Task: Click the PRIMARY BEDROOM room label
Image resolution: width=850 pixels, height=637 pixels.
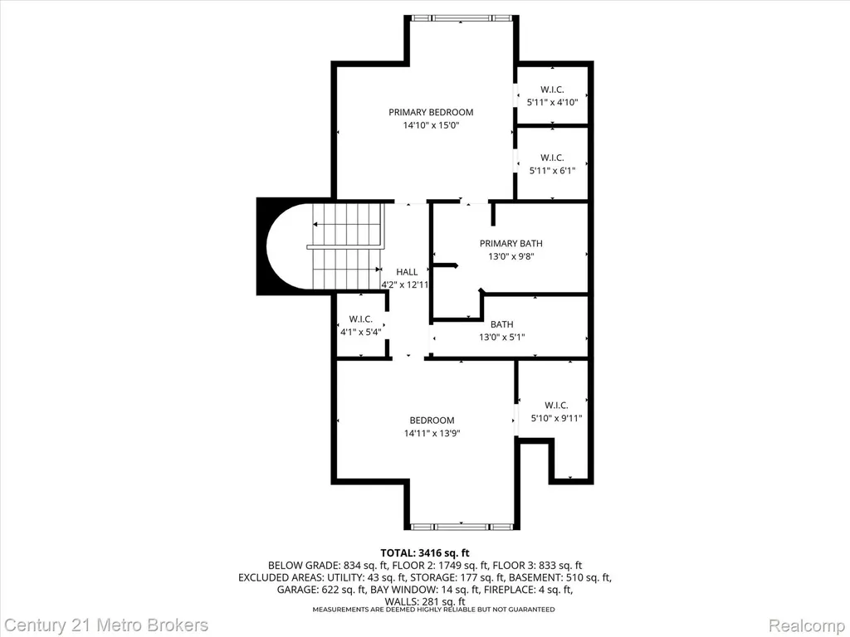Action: coord(431,112)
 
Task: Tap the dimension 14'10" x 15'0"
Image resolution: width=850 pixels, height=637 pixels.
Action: coord(431,125)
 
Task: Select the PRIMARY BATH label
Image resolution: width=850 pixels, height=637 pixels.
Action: coord(510,244)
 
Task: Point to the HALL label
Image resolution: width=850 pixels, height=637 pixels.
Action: coord(407,272)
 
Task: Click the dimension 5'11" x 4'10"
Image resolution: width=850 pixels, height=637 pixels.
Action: coord(552,102)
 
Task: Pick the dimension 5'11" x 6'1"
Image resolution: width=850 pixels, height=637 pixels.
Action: coord(552,171)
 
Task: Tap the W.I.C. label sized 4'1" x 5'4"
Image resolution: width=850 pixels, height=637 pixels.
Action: coord(360,319)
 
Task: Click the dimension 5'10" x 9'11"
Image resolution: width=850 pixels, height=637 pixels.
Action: coord(556,418)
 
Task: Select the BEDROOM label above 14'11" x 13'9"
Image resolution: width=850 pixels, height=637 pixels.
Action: coord(432,421)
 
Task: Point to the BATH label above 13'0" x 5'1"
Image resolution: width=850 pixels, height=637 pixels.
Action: coord(502,324)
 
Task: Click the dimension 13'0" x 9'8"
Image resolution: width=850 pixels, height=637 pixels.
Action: coord(511,257)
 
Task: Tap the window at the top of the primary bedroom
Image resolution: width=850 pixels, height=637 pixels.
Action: coord(462,18)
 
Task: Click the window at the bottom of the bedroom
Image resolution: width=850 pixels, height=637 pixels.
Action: coord(462,527)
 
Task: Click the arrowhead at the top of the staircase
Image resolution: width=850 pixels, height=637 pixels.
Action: coord(315,224)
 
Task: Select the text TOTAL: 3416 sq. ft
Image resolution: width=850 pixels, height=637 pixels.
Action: coord(424,553)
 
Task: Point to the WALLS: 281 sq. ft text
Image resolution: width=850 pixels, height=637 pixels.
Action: coord(424,601)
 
